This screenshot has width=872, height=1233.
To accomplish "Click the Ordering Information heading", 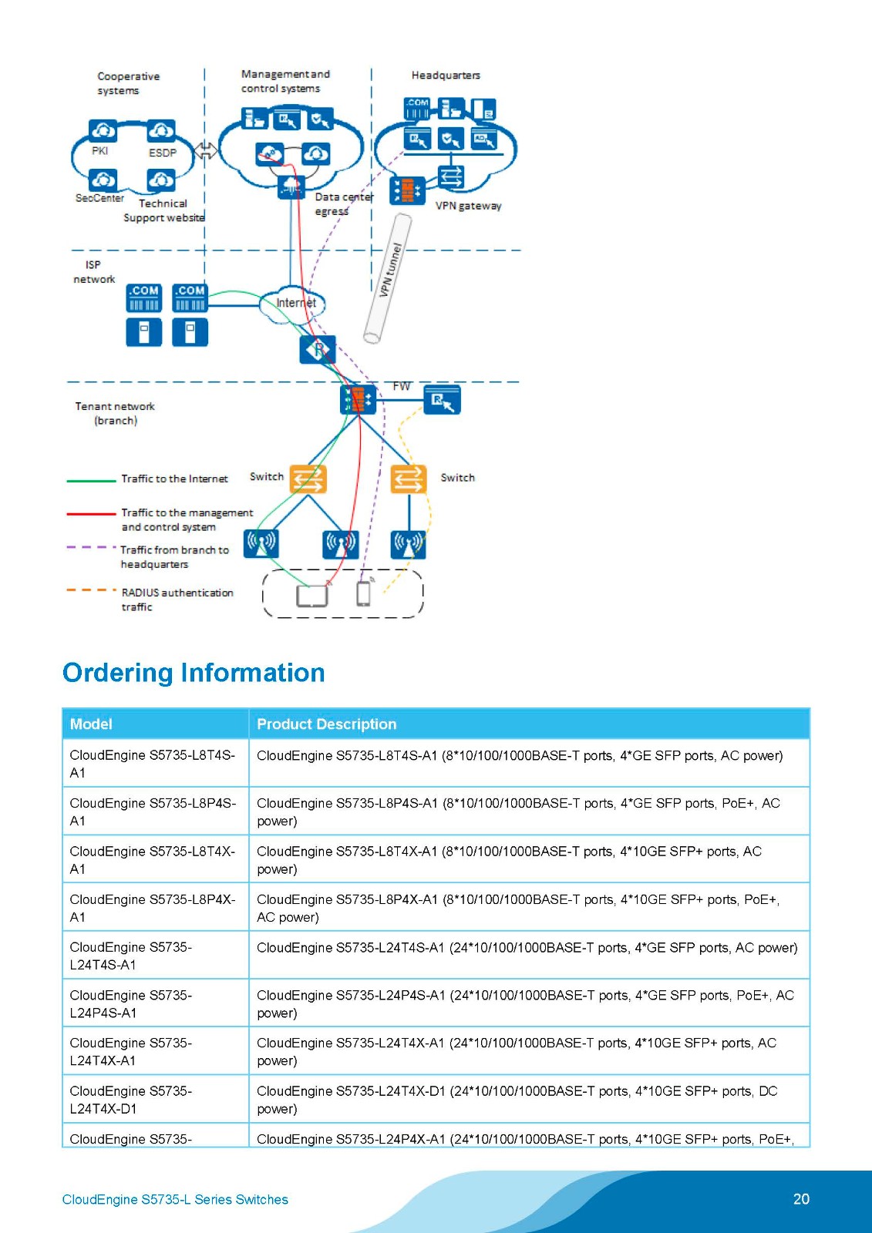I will (x=194, y=673).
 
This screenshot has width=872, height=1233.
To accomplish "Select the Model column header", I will (x=91, y=724).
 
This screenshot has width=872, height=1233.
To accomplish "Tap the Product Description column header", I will (x=326, y=724).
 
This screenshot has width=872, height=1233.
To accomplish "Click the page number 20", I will (x=801, y=1199).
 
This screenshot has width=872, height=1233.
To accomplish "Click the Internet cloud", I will (x=294, y=304).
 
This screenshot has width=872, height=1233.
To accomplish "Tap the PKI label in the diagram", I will (x=99, y=151).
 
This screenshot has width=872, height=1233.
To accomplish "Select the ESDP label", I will (x=162, y=153).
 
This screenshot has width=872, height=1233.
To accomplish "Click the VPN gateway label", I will (x=468, y=206).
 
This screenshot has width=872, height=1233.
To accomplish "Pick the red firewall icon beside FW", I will (x=358, y=399).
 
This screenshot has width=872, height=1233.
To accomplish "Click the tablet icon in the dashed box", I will (x=311, y=596).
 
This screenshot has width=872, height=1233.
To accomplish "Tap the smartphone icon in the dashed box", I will (x=363, y=593).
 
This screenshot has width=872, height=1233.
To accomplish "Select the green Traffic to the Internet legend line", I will (x=91, y=480).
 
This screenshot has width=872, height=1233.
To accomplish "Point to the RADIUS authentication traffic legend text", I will (x=177, y=600).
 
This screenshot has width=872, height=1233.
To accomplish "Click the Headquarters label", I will (x=446, y=76).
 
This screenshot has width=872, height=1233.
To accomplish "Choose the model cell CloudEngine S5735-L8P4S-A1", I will (x=153, y=811).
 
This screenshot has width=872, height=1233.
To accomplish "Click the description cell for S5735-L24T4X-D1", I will (x=517, y=1100).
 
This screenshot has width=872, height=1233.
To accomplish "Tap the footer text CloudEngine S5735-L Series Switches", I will (x=175, y=1200).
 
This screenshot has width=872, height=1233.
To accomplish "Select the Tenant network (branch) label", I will (x=115, y=413).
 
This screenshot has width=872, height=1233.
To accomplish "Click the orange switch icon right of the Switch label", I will (x=308, y=479).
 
